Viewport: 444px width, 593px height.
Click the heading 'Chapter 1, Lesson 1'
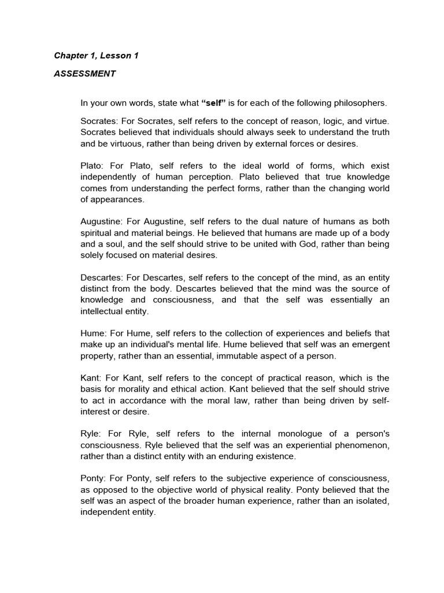[97, 56]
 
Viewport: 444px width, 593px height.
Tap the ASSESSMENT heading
[85, 74]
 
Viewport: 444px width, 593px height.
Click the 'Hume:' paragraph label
[92, 333]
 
